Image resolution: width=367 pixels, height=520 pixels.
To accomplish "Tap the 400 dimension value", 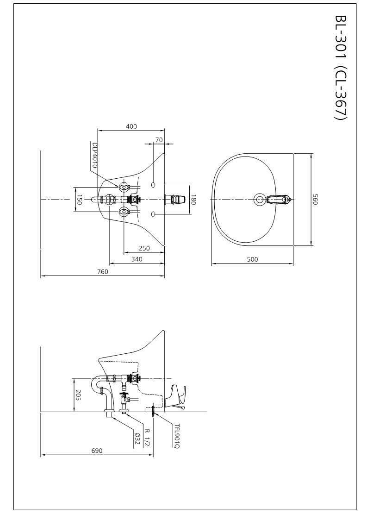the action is (x=131, y=126).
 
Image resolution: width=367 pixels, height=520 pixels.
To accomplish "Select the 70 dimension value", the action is (x=159, y=140).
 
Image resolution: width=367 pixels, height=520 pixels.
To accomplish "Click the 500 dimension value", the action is (x=252, y=259).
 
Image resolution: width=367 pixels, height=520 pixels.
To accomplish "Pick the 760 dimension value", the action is (x=103, y=272).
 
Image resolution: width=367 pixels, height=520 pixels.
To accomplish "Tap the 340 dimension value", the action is (x=137, y=259).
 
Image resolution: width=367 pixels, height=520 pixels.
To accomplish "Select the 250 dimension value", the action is (x=144, y=248).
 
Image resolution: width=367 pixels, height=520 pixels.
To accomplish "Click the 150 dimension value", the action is (x=79, y=199).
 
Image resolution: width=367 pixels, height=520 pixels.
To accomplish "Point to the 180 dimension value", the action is (x=193, y=199).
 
